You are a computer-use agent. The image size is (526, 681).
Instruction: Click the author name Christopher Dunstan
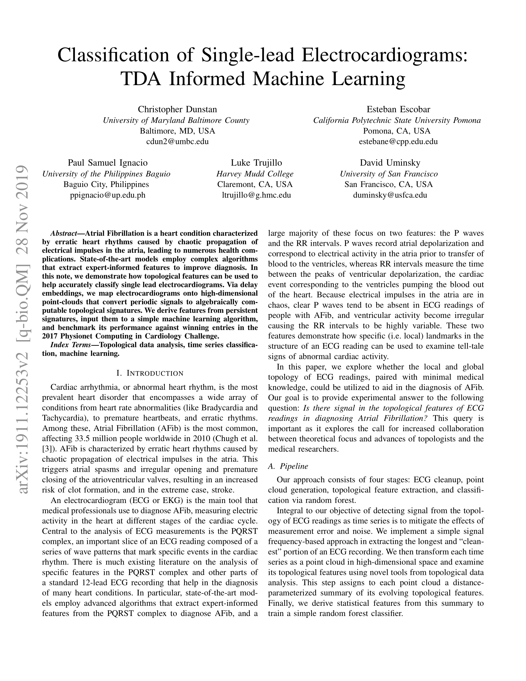pyautogui.click(x=177, y=110)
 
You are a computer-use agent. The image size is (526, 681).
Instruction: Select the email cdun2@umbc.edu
pyautogui.click(x=177, y=141)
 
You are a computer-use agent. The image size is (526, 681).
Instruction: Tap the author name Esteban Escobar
pyautogui.click(x=398, y=110)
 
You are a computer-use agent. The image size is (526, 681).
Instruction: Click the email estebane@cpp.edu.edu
pyautogui.click(x=398, y=141)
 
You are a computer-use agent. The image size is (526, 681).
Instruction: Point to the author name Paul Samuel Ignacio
pyautogui.click(x=108, y=163)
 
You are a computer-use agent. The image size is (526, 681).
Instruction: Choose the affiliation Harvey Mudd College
pyautogui.click(x=255, y=174)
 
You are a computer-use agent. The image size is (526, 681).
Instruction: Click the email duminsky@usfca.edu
pyautogui.click(x=390, y=195)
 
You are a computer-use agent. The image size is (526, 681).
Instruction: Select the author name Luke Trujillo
pyautogui.click(x=256, y=163)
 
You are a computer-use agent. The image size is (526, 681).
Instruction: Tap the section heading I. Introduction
pyautogui.click(x=149, y=373)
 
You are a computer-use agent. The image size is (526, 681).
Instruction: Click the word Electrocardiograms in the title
pyautogui.click(x=384, y=55)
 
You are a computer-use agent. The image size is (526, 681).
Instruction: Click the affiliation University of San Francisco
pyautogui.click(x=389, y=174)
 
